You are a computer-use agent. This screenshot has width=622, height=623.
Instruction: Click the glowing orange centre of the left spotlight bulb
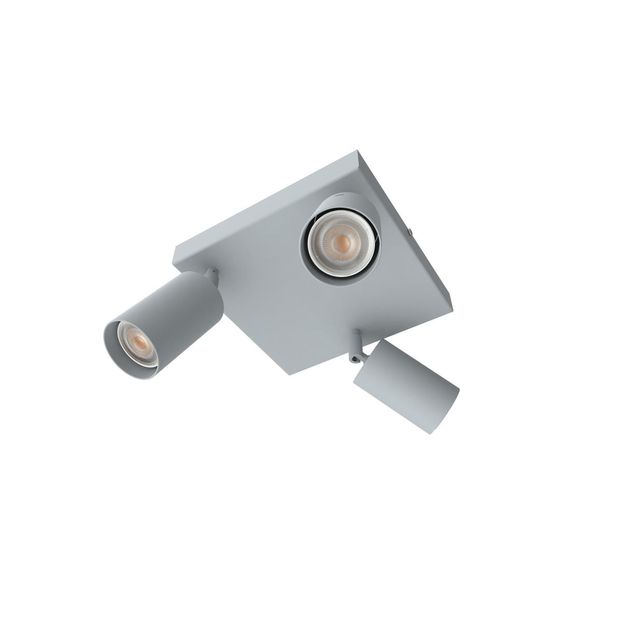point(138,342)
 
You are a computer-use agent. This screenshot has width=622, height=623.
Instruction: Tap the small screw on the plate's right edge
point(409,232)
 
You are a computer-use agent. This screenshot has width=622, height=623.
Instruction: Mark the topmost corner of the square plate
point(358,152)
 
